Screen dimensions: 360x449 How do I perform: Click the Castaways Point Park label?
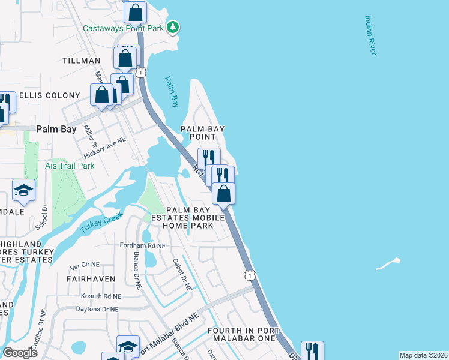click(x=124, y=28)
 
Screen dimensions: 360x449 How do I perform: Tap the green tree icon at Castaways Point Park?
click(x=173, y=27)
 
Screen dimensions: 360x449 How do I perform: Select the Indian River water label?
click(x=370, y=35)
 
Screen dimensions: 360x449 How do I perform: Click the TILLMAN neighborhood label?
click(x=82, y=61)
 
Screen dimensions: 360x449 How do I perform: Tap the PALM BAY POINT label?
click(x=199, y=133)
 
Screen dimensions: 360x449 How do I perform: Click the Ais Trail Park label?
click(x=70, y=165)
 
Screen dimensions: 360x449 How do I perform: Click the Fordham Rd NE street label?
click(x=142, y=245)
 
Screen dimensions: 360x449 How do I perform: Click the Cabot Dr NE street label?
click(x=182, y=275)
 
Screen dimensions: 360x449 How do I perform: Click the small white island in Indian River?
click(x=388, y=263)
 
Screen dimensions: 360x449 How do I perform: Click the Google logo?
click(x=20, y=353)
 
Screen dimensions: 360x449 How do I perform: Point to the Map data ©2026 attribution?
click(x=423, y=355)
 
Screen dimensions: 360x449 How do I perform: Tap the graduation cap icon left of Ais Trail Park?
click(x=23, y=190)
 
